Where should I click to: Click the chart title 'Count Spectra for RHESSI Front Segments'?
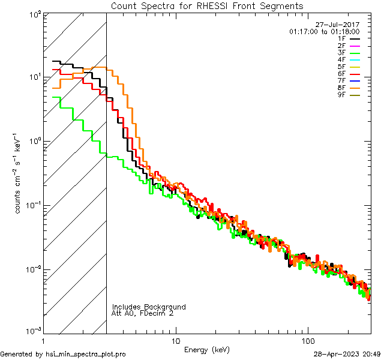click(207, 5)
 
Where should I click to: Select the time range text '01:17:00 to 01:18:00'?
click(324, 31)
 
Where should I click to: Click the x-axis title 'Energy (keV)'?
click(206, 349)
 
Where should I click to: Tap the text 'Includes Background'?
click(149, 307)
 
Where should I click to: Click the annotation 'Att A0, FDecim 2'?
click(143, 313)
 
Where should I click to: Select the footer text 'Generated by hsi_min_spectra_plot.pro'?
click(63, 354)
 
